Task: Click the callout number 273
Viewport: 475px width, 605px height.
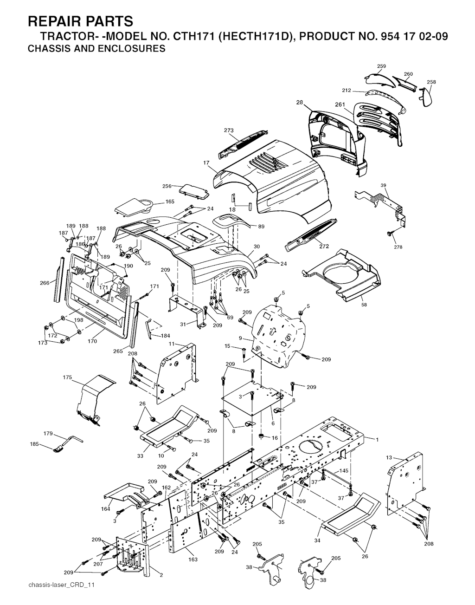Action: click(228, 130)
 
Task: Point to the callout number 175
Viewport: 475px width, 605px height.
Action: click(67, 378)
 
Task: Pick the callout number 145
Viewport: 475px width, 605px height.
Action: click(343, 471)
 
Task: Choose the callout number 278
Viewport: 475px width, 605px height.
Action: click(398, 247)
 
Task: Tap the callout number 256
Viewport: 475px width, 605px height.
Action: click(167, 186)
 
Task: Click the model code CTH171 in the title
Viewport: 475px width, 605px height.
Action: click(194, 37)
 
